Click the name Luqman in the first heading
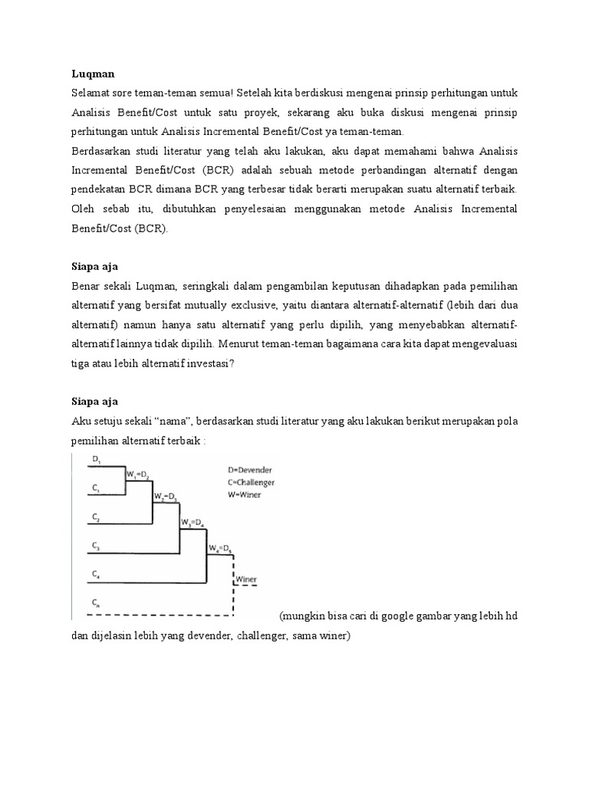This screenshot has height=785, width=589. pyautogui.click(x=92, y=74)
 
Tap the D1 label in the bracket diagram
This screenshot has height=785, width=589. pyautogui.click(x=97, y=458)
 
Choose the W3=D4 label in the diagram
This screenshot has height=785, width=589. pyautogui.click(x=192, y=523)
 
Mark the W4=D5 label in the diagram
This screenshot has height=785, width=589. pyautogui.click(x=220, y=549)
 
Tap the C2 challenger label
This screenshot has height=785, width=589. pyautogui.click(x=97, y=517)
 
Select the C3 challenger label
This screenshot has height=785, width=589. pyautogui.click(x=97, y=546)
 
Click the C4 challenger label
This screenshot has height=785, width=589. pyautogui.click(x=97, y=573)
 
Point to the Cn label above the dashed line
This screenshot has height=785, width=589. pyautogui.click(x=97, y=602)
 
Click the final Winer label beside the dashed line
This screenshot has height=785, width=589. pyautogui.click(x=245, y=579)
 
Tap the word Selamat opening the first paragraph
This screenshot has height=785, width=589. pyautogui.click(x=90, y=93)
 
